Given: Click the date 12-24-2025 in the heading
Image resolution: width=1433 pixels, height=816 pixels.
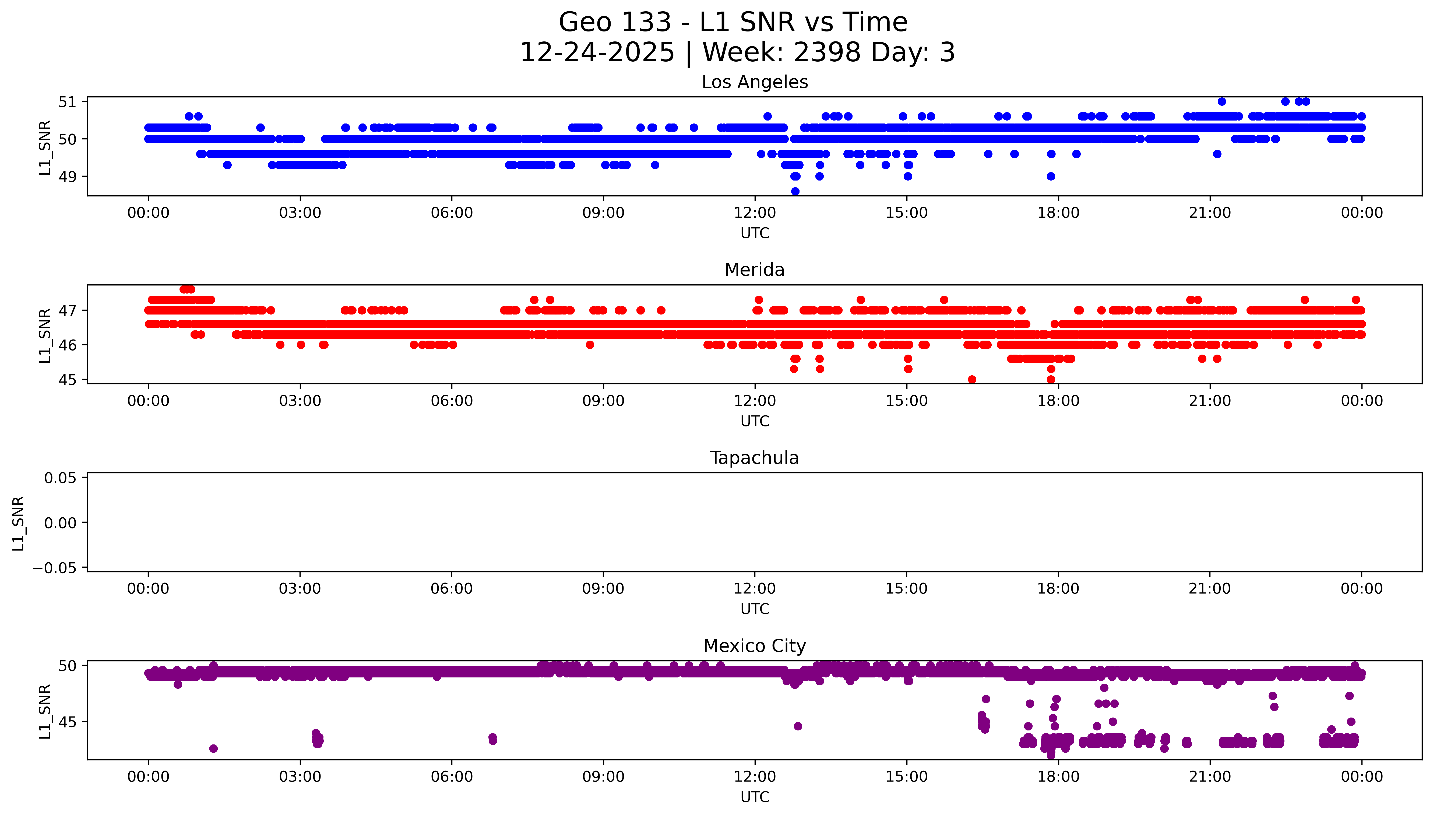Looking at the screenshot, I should pos(597,53).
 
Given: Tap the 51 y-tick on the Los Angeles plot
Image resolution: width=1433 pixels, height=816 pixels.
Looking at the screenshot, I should pos(67,102).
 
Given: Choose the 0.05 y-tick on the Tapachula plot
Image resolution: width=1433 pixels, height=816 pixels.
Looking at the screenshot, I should pos(61,478).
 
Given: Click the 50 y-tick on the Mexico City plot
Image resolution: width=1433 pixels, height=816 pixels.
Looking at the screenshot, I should pos(67,666).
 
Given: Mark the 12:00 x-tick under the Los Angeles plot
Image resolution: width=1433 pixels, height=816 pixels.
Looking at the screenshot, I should pos(755,213).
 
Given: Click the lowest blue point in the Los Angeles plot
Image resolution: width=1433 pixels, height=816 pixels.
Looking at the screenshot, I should pos(795,191).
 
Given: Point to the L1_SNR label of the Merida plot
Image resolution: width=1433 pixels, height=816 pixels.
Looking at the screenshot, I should pos(45,335).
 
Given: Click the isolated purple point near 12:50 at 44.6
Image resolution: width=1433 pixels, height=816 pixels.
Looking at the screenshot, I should pos(798,726).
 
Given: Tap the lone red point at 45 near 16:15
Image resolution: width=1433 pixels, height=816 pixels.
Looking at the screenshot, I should pos(972,379).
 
